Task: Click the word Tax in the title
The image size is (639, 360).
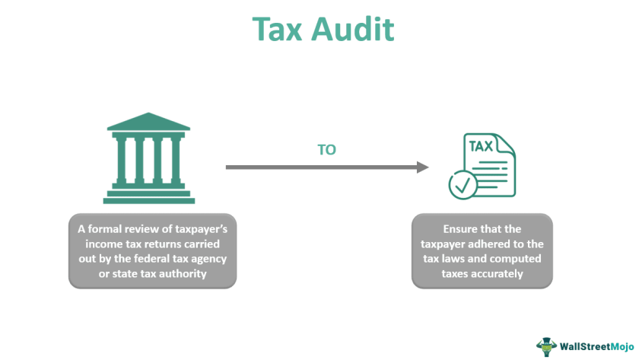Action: (278, 28)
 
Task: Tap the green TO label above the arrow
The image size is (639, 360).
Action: (326, 150)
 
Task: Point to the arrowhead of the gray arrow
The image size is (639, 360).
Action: (422, 166)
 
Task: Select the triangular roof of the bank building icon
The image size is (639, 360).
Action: (149, 123)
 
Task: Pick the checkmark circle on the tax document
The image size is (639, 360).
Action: (462, 183)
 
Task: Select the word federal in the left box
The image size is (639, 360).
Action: (169, 257)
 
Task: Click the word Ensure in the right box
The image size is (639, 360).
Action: (463, 228)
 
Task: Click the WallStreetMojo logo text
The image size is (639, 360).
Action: (594, 345)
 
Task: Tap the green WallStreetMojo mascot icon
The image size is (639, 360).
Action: (546, 345)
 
